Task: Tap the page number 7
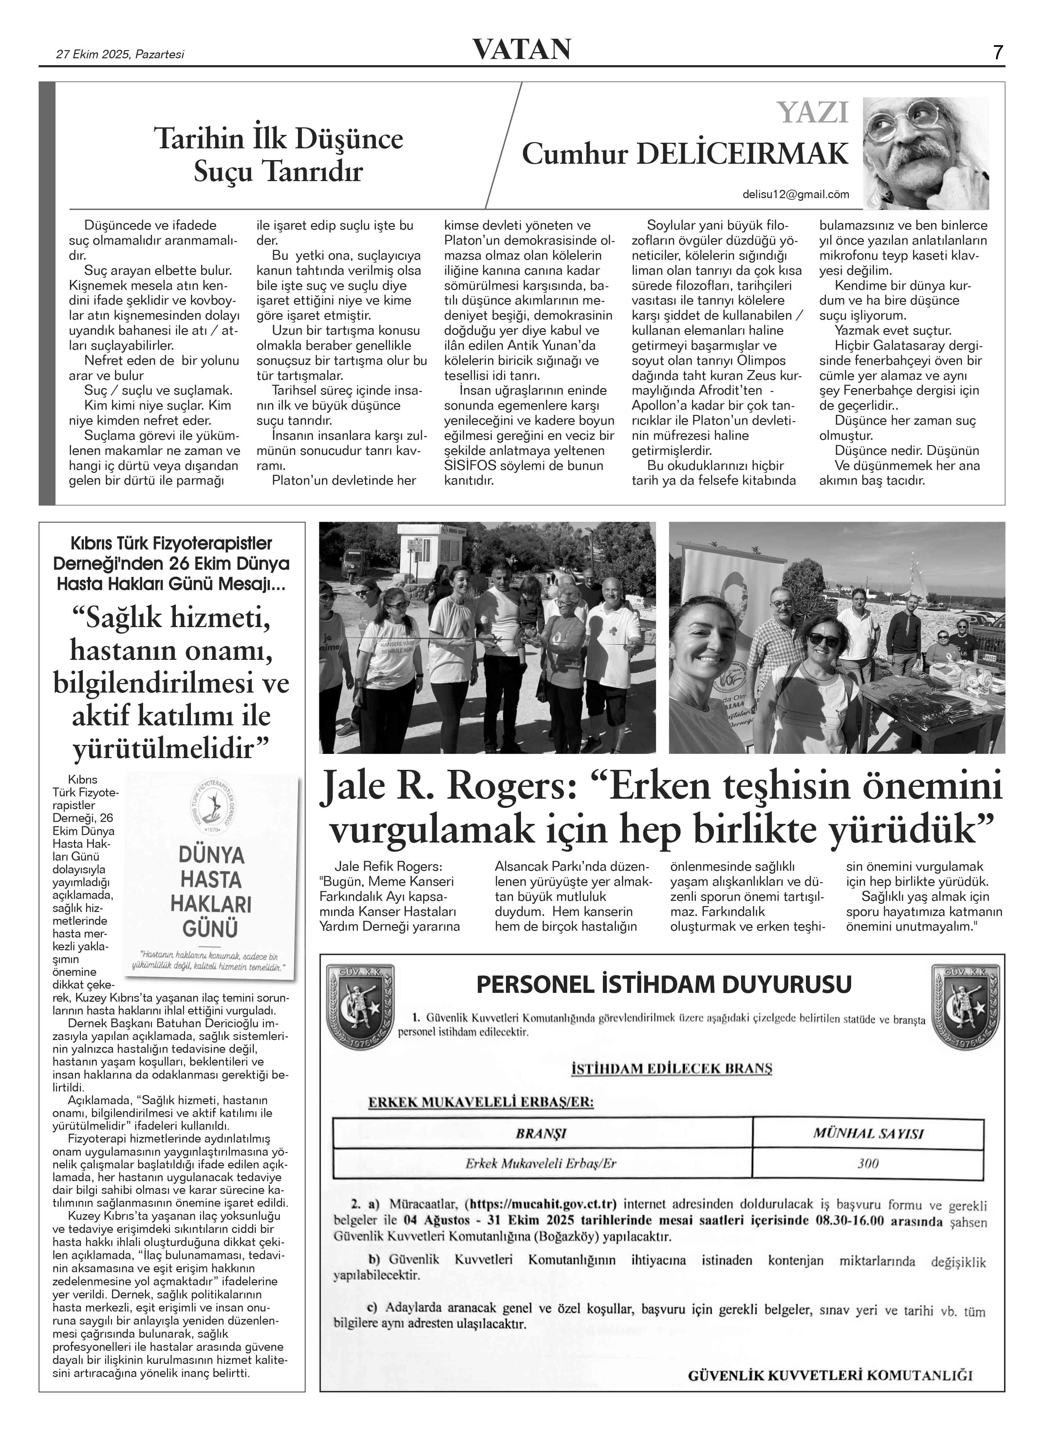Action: tap(998, 52)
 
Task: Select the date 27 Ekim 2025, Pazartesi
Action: tap(120, 54)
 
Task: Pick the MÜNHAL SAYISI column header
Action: tap(868, 1133)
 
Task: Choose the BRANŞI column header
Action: tap(541, 1133)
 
